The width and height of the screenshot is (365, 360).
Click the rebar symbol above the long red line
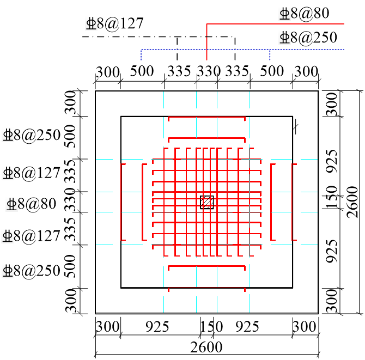point(284,14)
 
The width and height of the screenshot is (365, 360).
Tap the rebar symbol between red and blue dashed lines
point(284,38)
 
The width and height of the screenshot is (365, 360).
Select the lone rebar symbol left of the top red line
point(91,23)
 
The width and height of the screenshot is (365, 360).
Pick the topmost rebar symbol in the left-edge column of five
point(8,135)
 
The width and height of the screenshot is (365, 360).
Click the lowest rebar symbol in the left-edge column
point(8,271)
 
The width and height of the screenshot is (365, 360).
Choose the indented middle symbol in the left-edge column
point(11,204)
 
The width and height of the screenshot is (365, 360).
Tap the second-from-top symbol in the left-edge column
point(8,173)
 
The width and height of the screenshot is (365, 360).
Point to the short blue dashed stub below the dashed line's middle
point(270,55)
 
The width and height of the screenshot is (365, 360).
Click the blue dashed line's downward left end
point(141,56)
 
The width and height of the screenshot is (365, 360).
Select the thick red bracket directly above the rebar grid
point(206,138)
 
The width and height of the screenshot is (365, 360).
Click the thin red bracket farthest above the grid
point(206,117)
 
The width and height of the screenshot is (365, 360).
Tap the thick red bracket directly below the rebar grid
point(206,266)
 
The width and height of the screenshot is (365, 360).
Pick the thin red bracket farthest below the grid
point(206,288)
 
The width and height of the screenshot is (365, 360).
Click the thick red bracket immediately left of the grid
point(143,202)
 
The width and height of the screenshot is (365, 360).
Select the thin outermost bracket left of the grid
point(121,202)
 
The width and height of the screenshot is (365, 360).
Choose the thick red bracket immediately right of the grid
point(271,202)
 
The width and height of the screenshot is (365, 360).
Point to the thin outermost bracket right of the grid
point(293,202)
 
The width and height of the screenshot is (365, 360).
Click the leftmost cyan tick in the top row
point(163,100)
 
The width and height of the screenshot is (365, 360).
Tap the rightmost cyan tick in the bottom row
point(250,304)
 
